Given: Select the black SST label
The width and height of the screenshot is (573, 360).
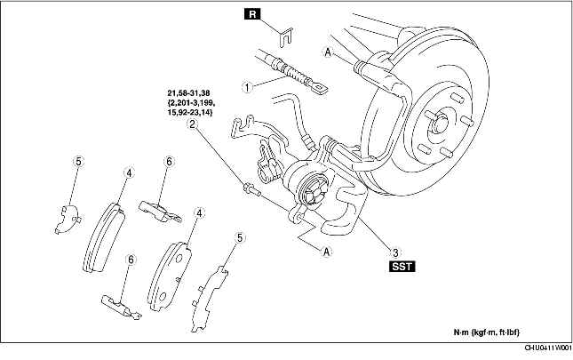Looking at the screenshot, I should pos(402,265).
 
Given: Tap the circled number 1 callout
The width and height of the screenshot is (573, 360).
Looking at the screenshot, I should pos(249,87).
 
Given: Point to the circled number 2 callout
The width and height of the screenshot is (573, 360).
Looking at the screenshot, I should pos(191,125).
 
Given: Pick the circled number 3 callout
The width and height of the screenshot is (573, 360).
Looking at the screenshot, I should pos(394,250).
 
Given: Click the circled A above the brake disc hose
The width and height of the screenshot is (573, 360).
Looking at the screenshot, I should pos(328,53).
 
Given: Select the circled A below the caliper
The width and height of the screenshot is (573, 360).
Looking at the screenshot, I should pos(328,251).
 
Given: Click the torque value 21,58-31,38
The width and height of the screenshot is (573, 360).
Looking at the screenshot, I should pos(189,92).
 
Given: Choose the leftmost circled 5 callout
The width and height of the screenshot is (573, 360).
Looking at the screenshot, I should pos(78,162).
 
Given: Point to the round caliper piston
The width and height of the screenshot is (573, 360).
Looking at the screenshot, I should pos(311,189).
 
